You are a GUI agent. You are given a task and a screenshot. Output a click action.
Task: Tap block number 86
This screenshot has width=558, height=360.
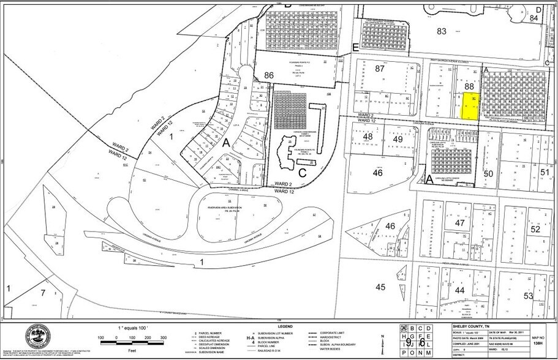(268, 75)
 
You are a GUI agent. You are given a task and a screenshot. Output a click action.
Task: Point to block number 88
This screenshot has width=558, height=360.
(470, 87)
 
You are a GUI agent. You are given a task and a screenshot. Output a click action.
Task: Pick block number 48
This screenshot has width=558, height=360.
(368, 138)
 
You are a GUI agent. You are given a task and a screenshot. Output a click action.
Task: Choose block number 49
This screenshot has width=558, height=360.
(398, 140)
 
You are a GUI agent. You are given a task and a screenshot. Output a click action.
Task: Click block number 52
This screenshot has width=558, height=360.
(536, 229)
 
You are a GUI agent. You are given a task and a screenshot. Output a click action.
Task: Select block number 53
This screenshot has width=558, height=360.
(529, 296)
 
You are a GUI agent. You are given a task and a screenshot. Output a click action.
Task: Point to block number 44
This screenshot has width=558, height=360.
(459, 290)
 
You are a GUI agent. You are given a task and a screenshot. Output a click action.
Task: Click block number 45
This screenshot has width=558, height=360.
(380, 287)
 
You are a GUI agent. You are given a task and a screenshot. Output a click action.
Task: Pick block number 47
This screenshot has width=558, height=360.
(460, 223)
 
